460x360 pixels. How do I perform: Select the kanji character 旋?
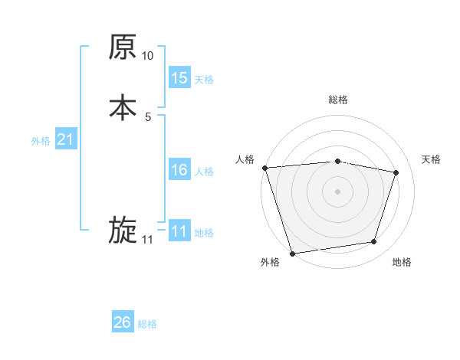123,231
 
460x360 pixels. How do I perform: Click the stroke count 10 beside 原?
148,56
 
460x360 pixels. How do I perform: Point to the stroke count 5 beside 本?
148,116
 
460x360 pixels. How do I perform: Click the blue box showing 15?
179,78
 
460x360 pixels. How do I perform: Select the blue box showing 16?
179,170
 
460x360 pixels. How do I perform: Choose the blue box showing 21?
65,139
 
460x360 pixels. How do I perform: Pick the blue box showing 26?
123,323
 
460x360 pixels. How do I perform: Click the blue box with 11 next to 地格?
179,231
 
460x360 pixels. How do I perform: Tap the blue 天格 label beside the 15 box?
204,80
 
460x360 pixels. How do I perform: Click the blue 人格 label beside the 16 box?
204,172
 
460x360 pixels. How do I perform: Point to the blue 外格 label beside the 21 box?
41,141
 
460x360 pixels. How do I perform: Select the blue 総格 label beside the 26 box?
147,325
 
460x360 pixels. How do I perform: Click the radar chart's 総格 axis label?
338,100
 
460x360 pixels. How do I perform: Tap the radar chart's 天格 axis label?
431,159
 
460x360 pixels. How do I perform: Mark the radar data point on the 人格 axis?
264,168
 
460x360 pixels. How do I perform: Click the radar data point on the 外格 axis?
292,253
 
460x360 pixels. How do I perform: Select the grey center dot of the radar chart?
338,191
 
